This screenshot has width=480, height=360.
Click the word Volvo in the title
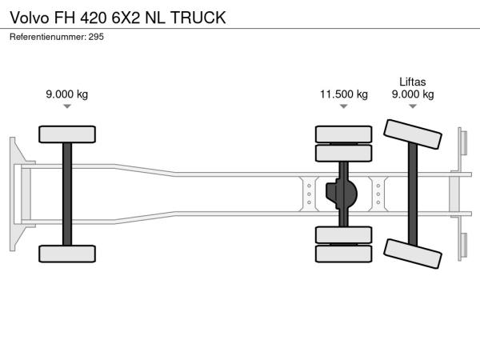[29, 18]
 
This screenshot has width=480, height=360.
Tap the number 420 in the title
[94, 18]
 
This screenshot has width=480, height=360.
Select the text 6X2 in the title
[126, 18]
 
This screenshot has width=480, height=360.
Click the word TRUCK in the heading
[198, 18]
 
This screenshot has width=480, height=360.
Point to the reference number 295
[96, 37]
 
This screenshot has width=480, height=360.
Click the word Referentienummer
[47, 37]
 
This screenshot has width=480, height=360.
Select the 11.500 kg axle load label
[344, 94]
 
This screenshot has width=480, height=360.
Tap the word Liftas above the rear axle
[412, 82]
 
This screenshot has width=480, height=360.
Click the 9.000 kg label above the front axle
[67, 94]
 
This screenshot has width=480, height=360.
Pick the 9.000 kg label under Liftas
[413, 94]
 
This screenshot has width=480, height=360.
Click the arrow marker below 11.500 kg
[344, 106]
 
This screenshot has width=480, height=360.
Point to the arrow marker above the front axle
[67, 106]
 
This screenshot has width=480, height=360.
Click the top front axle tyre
[67, 134]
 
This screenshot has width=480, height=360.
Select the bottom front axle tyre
[67, 254]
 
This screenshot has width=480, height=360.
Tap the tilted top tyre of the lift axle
[413, 134]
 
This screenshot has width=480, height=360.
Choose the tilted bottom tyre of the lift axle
[413, 254]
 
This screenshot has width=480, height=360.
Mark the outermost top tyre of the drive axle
[344, 134]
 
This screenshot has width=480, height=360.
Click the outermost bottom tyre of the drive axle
[344, 254]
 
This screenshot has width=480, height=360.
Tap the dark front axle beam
[67, 194]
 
